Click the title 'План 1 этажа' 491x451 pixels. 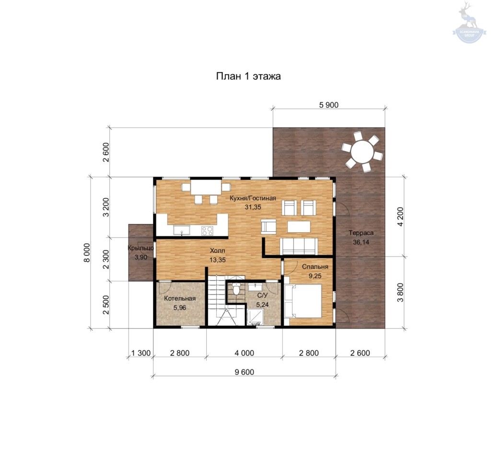[x=248, y=76]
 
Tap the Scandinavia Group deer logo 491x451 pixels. [x=469, y=22]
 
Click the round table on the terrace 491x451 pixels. [x=362, y=152]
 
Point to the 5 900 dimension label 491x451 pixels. [x=329, y=105]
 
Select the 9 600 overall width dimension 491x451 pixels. [x=244, y=372]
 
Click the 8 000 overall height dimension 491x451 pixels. [x=87, y=253]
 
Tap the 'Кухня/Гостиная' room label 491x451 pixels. [x=253, y=198]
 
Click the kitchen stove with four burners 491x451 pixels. [x=207, y=231]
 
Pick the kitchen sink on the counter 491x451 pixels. [x=182, y=230]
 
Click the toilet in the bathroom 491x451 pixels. [x=236, y=289]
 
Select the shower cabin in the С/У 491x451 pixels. [x=255, y=317]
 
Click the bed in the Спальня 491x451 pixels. [x=303, y=301]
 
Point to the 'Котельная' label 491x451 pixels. [x=180, y=298]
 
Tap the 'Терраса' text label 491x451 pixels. [x=361, y=233]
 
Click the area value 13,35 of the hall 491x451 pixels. [x=218, y=260]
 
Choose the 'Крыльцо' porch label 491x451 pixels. [x=141, y=248]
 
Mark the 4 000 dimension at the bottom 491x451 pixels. [x=244, y=353]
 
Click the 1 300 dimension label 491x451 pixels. [x=141, y=353]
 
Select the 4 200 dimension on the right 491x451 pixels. [x=400, y=217]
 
